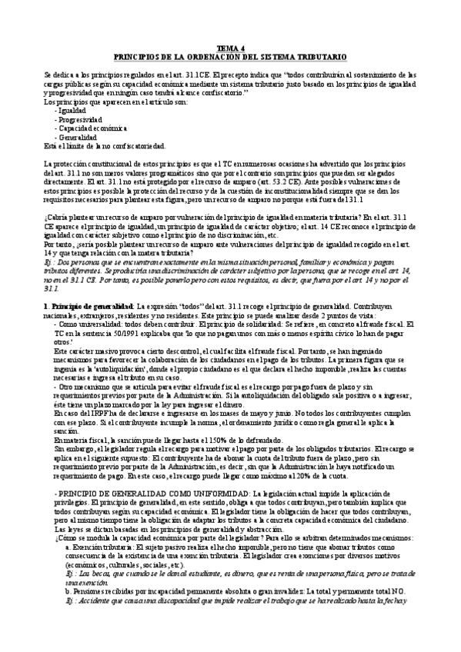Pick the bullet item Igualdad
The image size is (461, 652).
coord(72,110)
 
